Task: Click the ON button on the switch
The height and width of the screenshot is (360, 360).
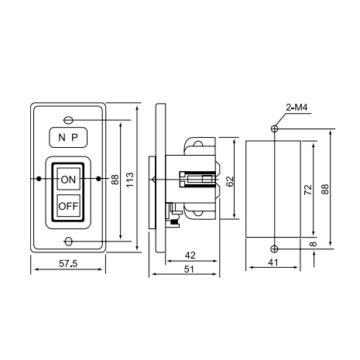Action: point(68,179)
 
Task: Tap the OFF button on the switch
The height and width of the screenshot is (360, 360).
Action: point(68,206)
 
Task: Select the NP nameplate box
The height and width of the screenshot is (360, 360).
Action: point(68,137)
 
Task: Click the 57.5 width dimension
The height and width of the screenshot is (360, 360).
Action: point(68,263)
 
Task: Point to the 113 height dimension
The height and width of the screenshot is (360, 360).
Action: point(130,180)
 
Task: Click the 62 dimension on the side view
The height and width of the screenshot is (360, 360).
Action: point(229,181)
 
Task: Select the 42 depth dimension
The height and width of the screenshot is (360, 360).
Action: point(190,255)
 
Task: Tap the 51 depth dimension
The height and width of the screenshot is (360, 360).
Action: point(189,269)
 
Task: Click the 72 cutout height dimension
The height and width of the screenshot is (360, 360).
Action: point(308,190)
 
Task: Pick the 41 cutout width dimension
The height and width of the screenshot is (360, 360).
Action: point(273,262)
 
